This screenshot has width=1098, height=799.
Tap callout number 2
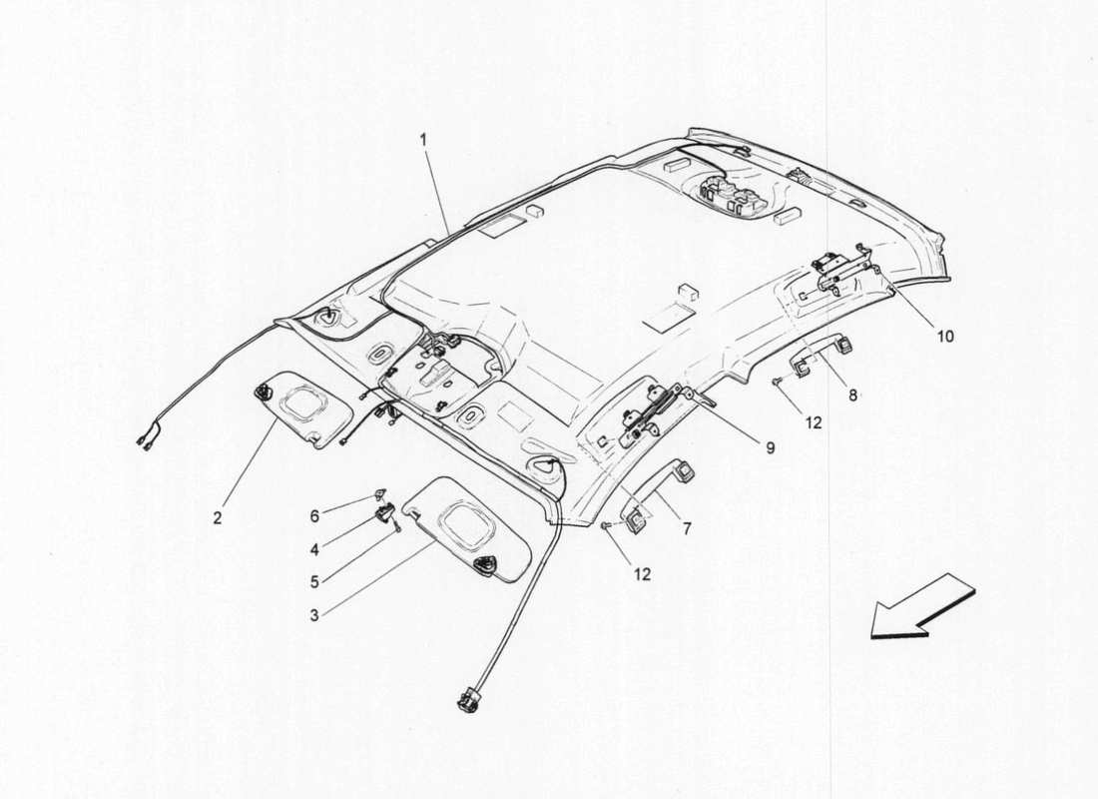(x=218, y=518)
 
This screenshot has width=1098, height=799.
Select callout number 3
(x=314, y=615)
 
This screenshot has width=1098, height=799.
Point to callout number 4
(x=314, y=548)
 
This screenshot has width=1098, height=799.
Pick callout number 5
(x=314, y=580)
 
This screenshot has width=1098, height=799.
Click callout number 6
(x=314, y=516)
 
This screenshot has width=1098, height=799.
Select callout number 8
(x=852, y=395)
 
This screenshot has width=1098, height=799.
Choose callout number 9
(x=771, y=448)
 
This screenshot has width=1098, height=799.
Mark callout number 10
(x=944, y=337)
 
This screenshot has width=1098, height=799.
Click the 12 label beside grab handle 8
(x=814, y=422)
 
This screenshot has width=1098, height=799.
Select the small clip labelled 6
(x=381, y=493)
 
